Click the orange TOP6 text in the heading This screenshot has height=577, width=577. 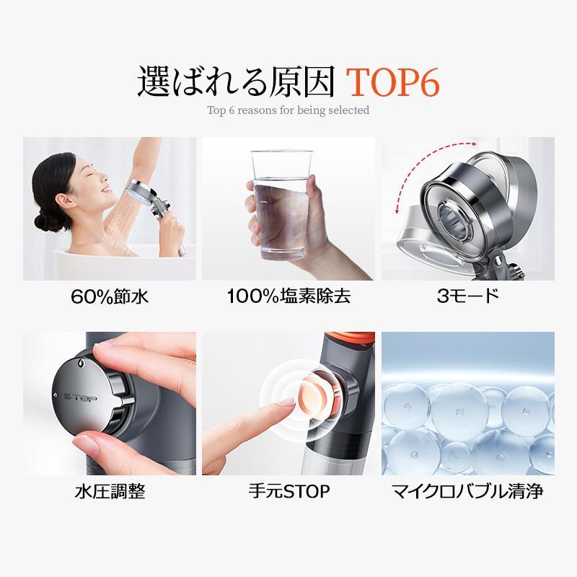tap(392, 82)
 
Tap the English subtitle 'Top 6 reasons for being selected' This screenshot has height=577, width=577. tap(288, 110)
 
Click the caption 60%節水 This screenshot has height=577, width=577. tap(110, 296)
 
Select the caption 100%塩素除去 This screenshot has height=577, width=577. tap(288, 296)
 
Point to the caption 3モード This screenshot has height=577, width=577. tap(467, 296)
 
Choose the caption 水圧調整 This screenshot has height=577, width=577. tap(110, 491)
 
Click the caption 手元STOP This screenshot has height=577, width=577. tap(289, 491)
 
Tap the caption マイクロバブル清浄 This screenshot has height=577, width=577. tap(467, 491)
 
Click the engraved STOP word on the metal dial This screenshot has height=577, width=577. tap(80, 398)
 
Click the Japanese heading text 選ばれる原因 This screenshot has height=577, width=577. tap(236, 82)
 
